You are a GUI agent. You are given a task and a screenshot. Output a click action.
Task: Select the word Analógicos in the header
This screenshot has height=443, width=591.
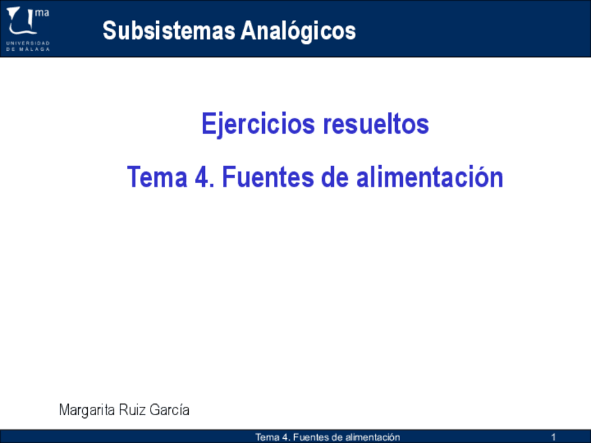click(298, 31)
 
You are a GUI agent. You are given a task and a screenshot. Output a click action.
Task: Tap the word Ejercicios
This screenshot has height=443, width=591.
click(258, 124)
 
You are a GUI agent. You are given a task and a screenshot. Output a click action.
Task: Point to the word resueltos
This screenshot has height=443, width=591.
click(376, 123)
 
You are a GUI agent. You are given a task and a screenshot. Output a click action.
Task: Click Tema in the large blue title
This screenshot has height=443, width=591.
click(158, 177)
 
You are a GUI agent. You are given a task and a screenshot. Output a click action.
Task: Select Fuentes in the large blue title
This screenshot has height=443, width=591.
click(268, 177)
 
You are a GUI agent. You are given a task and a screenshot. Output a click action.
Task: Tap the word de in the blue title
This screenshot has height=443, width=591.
click(335, 177)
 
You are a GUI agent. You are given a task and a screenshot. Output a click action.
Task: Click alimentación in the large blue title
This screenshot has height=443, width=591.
click(430, 177)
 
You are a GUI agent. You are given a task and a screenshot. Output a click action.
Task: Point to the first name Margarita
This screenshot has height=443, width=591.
click(86, 410)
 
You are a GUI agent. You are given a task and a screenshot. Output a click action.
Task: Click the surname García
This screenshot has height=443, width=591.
click(169, 410)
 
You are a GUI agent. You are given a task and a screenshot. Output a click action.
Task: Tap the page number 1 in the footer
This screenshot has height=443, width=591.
click(553, 437)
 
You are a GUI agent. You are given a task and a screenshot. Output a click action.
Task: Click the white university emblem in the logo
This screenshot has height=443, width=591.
click(22, 21)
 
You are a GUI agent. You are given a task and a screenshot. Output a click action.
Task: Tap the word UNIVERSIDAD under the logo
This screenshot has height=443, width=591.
click(28, 43)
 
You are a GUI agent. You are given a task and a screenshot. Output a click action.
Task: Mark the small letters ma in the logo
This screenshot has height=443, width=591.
click(42, 13)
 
